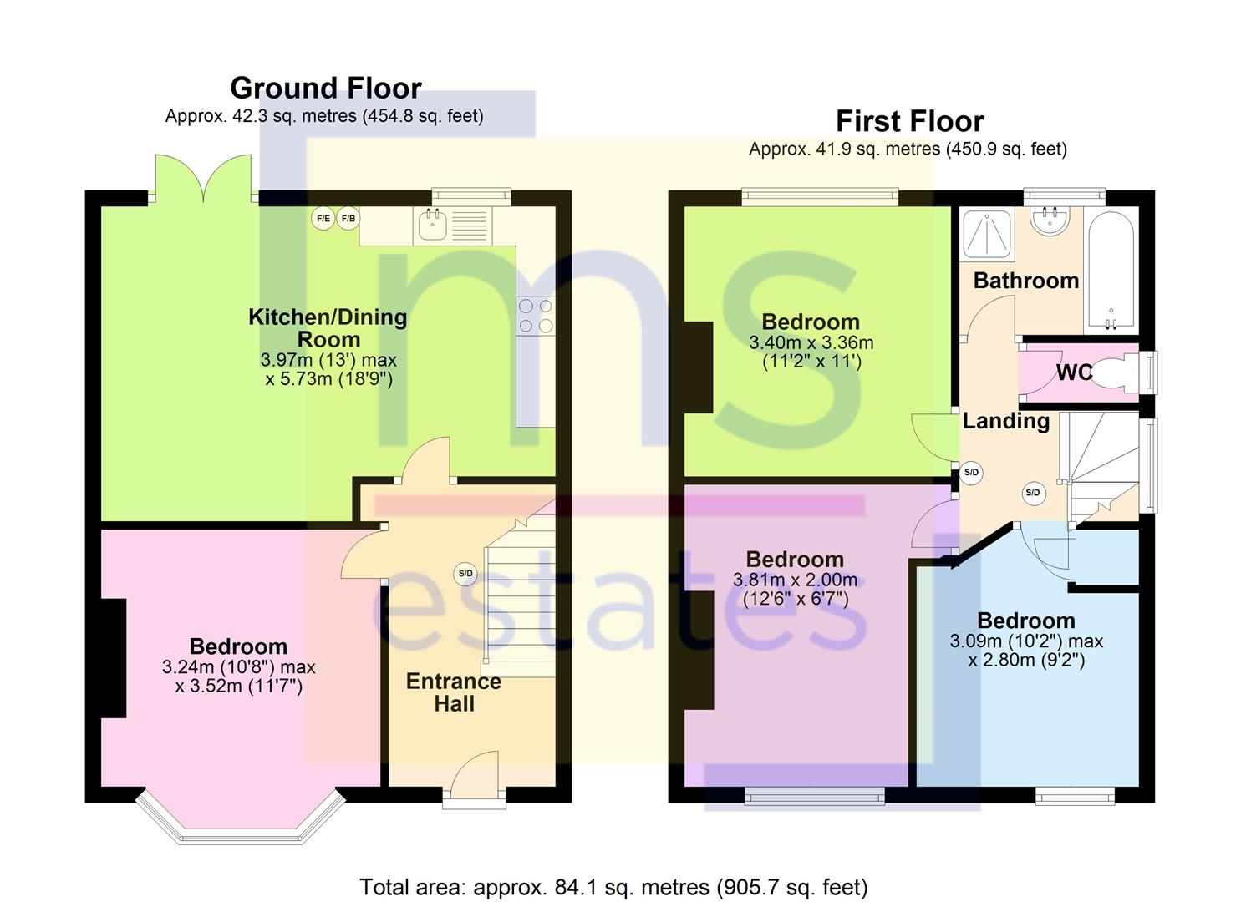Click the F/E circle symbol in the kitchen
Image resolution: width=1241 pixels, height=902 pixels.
coord(323,219)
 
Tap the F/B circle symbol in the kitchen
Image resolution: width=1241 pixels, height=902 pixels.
coord(348,219)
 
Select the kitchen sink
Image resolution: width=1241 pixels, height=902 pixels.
coord(432,225)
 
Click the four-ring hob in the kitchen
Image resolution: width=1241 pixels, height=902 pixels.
coord(536,316)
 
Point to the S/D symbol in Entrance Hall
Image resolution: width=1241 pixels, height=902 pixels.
coord(465,574)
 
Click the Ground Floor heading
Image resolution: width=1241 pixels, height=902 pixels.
coord(325,88)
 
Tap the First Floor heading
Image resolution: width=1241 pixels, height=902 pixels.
coord(909,121)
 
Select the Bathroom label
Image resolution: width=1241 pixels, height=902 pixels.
coord(1025,281)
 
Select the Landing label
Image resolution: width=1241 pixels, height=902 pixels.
coord(1005,421)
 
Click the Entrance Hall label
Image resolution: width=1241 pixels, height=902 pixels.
coord(454,692)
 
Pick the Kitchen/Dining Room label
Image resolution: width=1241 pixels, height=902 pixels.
coord(328,328)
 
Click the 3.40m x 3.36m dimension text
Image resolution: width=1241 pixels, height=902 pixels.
coord(811,342)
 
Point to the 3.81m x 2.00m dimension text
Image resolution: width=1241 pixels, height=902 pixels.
coord(795,580)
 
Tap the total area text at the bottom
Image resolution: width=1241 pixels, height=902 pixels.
coord(613,887)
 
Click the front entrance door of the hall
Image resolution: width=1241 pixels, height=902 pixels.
coord(475,778)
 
